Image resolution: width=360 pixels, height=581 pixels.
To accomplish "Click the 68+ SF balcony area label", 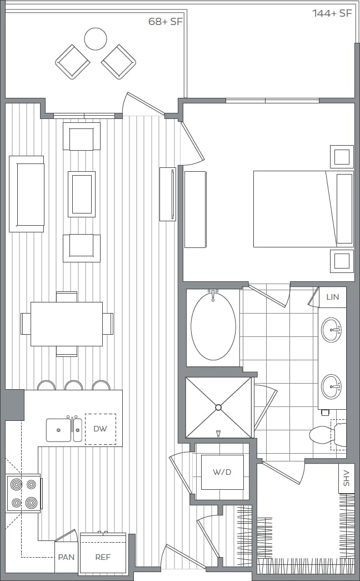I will (165, 22).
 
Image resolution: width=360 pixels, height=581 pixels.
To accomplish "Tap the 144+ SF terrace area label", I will (332, 13).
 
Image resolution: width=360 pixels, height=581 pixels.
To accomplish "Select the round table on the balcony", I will (96, 39).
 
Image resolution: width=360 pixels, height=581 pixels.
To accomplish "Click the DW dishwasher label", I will (101, 429).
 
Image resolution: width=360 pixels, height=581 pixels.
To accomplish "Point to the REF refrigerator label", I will (103, 557).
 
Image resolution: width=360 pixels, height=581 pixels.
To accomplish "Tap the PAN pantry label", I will (66, 557).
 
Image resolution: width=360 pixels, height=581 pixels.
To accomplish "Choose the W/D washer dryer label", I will (222, 472).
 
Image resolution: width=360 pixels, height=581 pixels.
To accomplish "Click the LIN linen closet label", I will (332, 297).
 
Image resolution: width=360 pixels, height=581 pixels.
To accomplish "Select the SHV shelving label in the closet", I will (346, 478).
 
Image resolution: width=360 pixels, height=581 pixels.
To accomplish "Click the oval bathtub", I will (213, 327).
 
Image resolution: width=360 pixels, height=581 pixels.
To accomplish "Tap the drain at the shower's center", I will (218, 408).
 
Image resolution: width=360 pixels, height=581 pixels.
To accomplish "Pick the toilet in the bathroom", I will (326, 434).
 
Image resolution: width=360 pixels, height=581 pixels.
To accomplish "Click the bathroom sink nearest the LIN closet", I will (332, 330).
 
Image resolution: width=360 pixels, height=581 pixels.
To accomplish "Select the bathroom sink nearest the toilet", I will (332, 386).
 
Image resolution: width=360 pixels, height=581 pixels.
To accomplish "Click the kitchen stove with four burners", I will (23, 493).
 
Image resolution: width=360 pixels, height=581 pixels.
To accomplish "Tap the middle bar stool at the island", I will (73, 385).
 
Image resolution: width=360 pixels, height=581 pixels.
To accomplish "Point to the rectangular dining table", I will (67, 324).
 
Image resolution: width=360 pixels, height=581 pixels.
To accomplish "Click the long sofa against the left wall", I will (26, 193).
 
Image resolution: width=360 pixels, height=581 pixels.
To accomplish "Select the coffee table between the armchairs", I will (82, 194).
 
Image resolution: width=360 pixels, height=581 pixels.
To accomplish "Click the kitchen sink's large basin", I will (58, 430).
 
